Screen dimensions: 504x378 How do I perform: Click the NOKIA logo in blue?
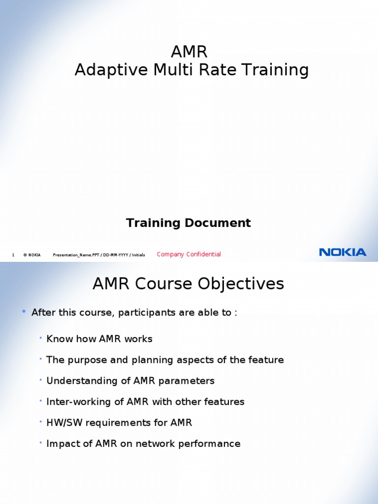(343, 252)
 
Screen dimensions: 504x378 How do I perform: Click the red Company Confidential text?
(189, 254)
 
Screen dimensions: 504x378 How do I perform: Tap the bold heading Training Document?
(189, 223)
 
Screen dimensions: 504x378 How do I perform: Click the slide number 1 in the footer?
(13, 255)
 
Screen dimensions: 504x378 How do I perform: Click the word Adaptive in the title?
(107, 70)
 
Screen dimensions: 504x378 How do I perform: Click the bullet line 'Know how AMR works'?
(99, 339)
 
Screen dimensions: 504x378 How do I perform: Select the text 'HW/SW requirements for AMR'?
(119, 423)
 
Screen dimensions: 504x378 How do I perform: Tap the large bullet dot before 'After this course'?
(24, 312)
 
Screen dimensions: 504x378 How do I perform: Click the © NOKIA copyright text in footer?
(32, 255)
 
